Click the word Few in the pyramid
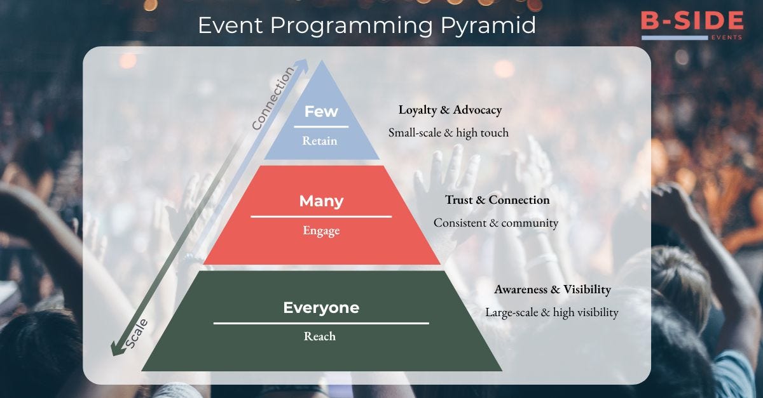[x=321, y=112]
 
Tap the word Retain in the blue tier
[x=320, y=141]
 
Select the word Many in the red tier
[x=321, y=201]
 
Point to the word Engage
[x=321, y=230]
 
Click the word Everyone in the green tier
[x=321, y=308]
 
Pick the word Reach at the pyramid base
[x=320, y=336]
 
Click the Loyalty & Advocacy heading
[x=450, y=110]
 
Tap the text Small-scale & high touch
[x=448, y=133]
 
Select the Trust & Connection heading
[x=497, y=200]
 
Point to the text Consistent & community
[x=496, y=223]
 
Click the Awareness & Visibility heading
[x=553, y=289]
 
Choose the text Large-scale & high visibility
[x=552, y=313]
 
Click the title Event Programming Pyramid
[x=367, y=25]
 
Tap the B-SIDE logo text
[x=692, y=20]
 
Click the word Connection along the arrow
[x=273, y=98]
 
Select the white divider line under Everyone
[x=321, y=323]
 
